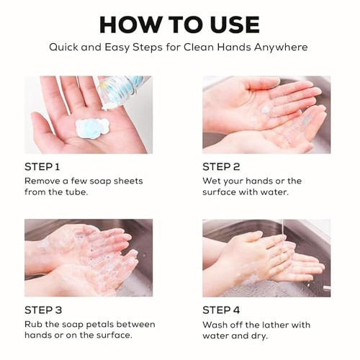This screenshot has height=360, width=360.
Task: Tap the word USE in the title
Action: (235, 24)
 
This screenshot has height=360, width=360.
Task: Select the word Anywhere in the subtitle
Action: (281, 48)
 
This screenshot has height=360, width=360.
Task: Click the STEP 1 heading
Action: (42, 167)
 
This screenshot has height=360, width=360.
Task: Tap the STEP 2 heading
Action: (221, 167)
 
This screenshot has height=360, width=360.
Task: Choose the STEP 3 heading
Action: (43, 310)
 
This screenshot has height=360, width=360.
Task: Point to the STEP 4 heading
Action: (221, 310)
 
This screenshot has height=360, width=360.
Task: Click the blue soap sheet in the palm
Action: (92, 128)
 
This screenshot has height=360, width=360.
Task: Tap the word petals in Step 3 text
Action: (99, 325)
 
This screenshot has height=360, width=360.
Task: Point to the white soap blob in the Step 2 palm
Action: (266, 110)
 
